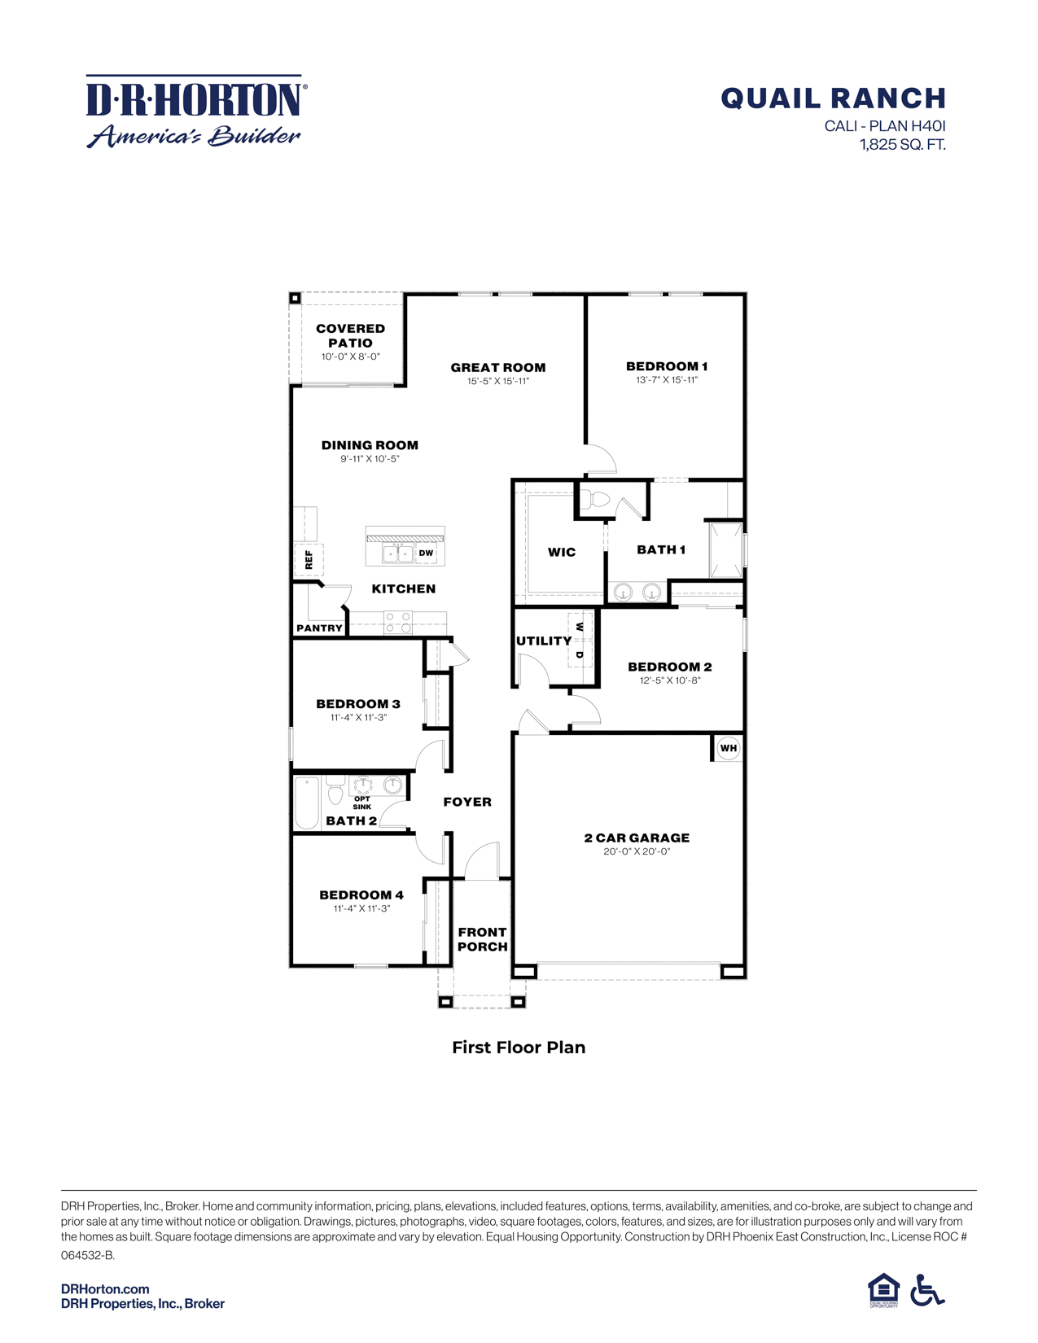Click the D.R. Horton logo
tap(195, 112)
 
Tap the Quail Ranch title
tap(833, 98)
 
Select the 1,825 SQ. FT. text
tap(902, 145)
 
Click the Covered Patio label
tap(350, 335)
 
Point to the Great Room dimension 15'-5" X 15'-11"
tap(498, 381)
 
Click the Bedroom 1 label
tap(666, 366)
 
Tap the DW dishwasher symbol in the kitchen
tap(426, 553)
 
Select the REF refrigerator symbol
tap(309, 559)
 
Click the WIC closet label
tap(561, 552)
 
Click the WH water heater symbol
tap(728, 748)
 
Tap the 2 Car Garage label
tap(637, 838)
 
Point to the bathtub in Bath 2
tap(307, 803)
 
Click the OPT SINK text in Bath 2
tap(362, 803)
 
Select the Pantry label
tap(319, 628)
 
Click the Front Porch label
tap(482, 939)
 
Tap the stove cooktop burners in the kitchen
tap(398, 623)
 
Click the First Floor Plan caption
tap(519, 1048)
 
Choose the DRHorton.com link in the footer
tap(105, 1288)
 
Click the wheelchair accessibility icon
tap(926, 1290)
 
